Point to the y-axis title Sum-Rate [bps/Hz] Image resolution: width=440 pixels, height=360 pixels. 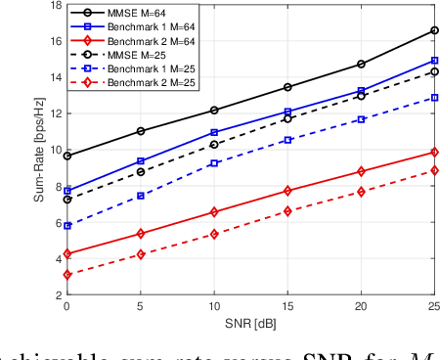39,157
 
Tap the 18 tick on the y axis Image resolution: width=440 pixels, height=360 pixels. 53,5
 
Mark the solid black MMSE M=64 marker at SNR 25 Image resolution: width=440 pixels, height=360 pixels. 434,30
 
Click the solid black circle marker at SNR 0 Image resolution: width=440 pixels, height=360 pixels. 66,156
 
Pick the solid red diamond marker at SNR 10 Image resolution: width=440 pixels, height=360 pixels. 214,212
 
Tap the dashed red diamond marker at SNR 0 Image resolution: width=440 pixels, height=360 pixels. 66,275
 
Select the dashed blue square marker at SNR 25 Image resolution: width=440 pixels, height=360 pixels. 434,98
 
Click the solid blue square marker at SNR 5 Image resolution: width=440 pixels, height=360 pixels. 141,161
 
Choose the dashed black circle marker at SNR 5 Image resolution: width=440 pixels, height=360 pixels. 141,172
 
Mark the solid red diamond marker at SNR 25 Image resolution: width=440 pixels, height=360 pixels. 434,153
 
